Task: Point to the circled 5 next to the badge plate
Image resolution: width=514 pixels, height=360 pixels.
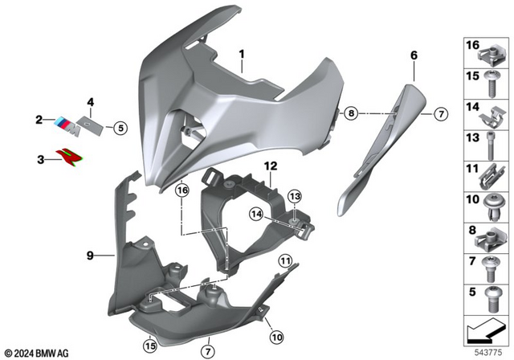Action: (119, 126)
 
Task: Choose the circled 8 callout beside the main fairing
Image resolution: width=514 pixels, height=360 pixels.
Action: (350, 115)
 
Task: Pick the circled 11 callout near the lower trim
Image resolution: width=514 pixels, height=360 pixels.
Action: (285, 261)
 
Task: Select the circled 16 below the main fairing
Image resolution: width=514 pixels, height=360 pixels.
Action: (182, 190)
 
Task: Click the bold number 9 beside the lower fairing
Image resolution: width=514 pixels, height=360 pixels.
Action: (91, 256)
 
